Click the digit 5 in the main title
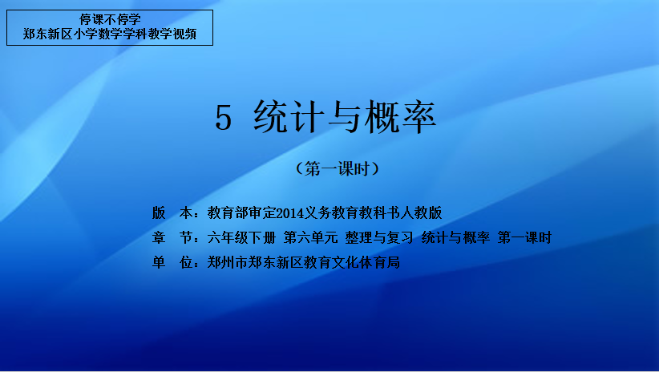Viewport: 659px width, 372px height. tap(223, 118)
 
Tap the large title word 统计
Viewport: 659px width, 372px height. tap(289, 117)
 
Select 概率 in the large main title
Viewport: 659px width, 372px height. tap(400, 117)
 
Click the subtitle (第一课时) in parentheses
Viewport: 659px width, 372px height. tap(338, 169)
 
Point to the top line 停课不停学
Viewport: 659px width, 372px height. tap(110, 19)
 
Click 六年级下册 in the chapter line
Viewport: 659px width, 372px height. tap(241, 237)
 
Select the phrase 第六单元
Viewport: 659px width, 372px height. tap(310, 237)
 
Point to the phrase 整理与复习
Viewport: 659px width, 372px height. tap(379, 237)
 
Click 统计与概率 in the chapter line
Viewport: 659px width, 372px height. tap(455, 237)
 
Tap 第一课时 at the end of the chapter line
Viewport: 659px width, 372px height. tap(524, 237)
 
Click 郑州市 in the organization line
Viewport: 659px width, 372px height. tap(228, 262)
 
